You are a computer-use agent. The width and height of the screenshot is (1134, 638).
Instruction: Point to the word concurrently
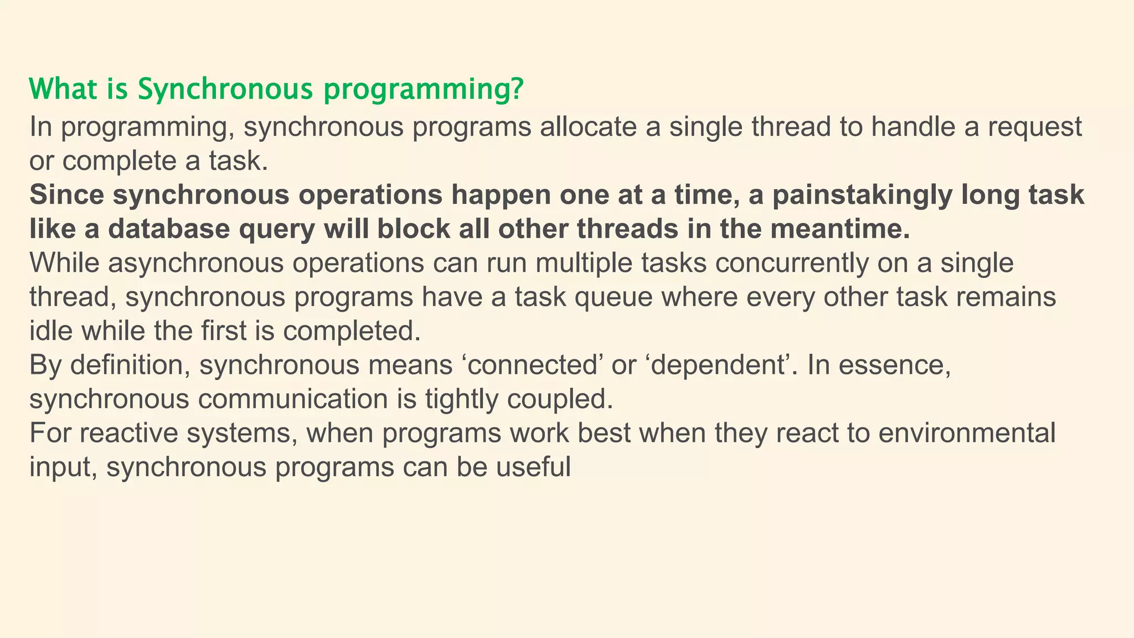click(x=792, y=263)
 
